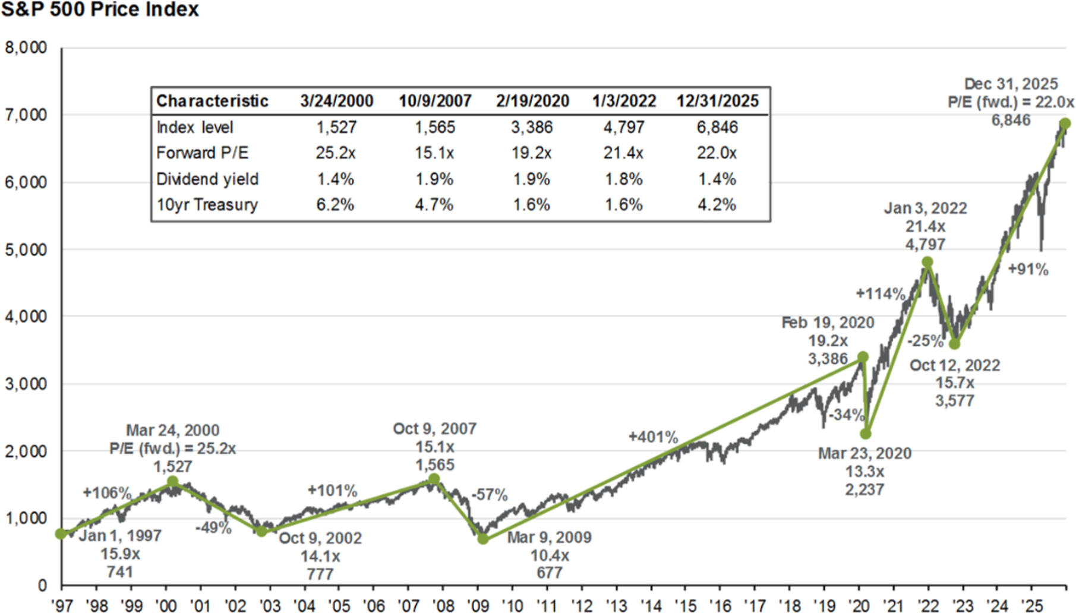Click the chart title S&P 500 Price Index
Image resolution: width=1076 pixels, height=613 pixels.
coord(100,9)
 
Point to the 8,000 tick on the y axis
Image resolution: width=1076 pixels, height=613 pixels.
coord(26,48)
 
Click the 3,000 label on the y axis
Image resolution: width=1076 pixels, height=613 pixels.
coord(26,384)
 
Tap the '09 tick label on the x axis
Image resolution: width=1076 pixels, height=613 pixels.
coord(478,605)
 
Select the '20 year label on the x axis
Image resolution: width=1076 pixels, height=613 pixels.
coord(859,605)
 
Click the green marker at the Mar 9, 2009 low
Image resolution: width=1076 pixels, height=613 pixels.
coord(483,539)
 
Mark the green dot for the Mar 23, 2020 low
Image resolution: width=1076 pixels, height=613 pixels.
coord(866,434)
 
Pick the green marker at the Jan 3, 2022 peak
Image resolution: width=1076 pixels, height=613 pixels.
coord(927,262)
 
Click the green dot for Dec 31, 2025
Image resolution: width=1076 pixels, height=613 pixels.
coord(1065,124)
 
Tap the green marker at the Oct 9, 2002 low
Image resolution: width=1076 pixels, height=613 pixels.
coord(261,531)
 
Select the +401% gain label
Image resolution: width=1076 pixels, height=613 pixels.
coord(653,437)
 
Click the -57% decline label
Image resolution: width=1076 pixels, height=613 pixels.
coord(490,495)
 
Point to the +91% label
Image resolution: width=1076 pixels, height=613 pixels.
coord(1028,269)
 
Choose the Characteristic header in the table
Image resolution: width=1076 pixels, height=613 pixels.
coord(212,101)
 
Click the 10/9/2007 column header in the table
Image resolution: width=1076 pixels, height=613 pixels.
coord(435,101)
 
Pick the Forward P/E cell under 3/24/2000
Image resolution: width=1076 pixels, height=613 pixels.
coord(336,153)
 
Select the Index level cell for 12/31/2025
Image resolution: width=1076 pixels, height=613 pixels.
coord(717,127)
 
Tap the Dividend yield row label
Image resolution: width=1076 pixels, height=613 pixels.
coord(207,179)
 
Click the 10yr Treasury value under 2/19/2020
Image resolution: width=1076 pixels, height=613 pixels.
coord(532,205)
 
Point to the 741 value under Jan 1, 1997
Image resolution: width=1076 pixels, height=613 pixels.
coord(120,572)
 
